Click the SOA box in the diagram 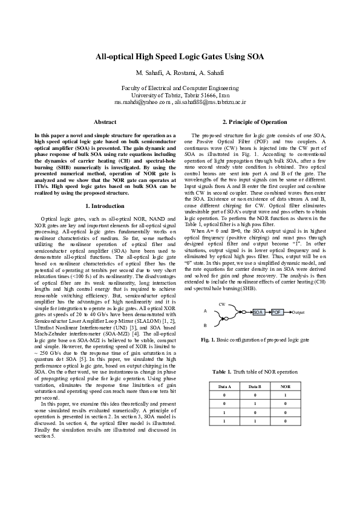coord(258,312)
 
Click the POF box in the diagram coord(277,312)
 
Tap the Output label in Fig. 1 coord(298,312)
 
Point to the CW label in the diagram coord(222,304)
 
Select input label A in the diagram coord(205,311)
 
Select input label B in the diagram coord(205,325)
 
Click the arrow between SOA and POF coord(267,312)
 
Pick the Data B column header coord(255,385)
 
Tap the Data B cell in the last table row coord(255,420)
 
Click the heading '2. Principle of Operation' coord(255,122)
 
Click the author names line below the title coord(180,73)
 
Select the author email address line coord(180,103)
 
